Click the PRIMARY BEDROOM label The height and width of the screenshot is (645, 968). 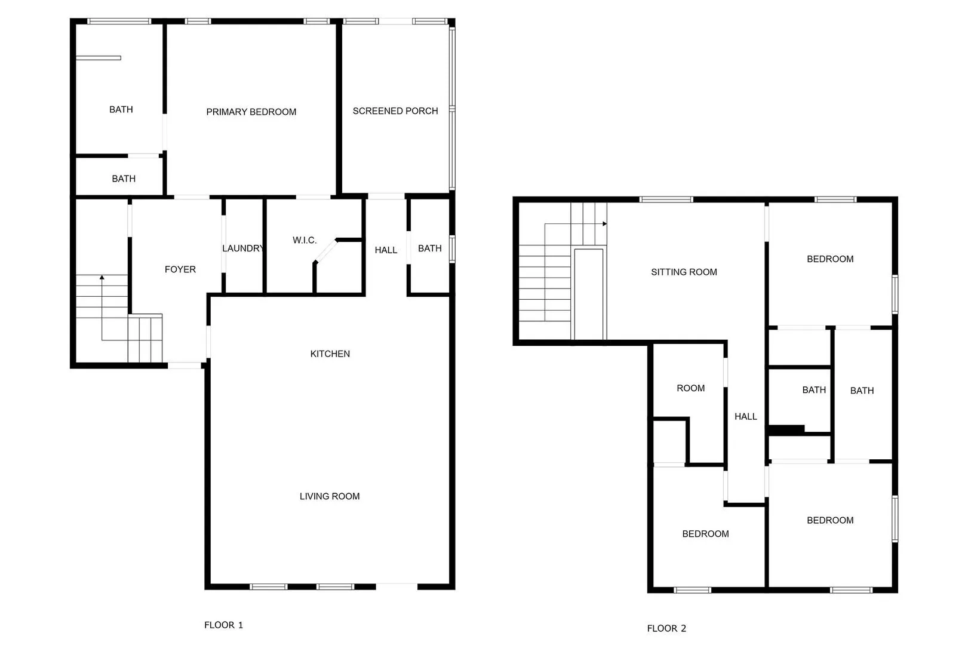coord(251,112)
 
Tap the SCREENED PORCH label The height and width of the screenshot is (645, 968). coord(395,110)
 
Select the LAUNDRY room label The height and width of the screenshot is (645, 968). coord(243,248)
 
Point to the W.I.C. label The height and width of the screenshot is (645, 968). coord(305,240)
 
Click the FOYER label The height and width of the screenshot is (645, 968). coord(180,269)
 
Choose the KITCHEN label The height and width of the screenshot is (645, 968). coord(330,354)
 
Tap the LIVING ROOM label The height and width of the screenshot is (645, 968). coord(329,496)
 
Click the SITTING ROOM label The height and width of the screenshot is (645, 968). coord(684,272)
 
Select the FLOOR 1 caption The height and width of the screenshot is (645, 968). coord(223,625)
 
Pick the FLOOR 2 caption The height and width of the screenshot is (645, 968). coord(666,628)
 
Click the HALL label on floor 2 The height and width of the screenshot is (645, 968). coord(745,416)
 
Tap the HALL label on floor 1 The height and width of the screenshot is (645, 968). coord(386,250)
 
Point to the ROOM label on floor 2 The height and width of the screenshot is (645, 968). coord(690,388)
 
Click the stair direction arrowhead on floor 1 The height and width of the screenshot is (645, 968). coord(102,277)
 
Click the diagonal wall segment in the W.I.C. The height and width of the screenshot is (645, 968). coord(326,251)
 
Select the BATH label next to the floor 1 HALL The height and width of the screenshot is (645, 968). coord(429,248)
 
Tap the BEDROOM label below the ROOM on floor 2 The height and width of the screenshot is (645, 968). coord(705,534)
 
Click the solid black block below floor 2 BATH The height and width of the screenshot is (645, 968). coord(786,429)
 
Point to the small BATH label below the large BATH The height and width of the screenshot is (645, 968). coord(124,179)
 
